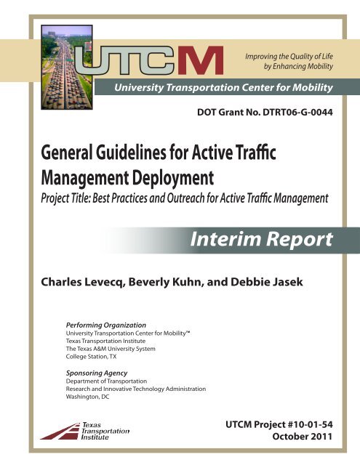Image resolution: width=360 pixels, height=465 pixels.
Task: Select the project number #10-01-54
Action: coord(309,423)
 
